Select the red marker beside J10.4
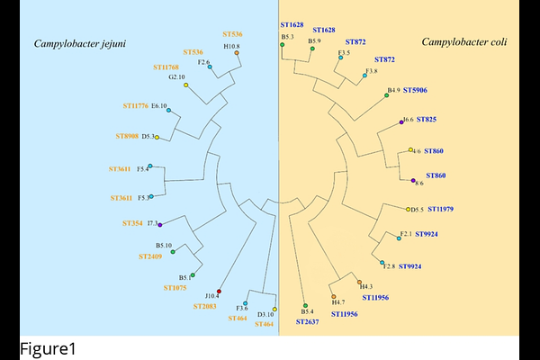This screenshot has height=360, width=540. (x=220, y=292)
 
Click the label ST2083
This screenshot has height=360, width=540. (x=205, y=306)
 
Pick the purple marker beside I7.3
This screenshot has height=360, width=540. (x=160, y=223)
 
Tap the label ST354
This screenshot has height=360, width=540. (x=133, y=222)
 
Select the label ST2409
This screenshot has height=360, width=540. (x=150, y=256)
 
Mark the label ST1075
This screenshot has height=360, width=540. (x=175, y=288)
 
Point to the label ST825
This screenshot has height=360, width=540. (x=427, y=119)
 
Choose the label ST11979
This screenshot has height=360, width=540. (x=440, y=209)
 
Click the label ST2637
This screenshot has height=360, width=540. (x=307, y=322)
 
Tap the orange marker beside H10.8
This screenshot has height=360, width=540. (x=237, y=53)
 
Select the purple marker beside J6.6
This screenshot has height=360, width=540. (x=400, y=121)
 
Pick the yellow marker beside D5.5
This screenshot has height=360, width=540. (x=408, y=210)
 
